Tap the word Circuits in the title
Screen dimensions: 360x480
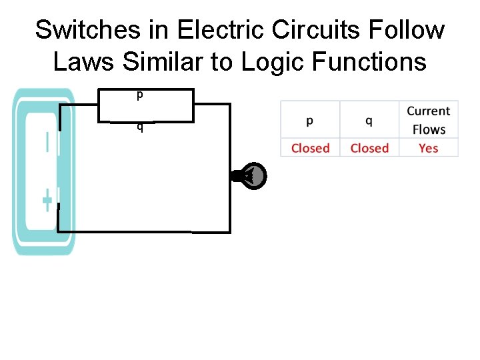(x=312, y=30)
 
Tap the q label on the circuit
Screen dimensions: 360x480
(x=139, y=127)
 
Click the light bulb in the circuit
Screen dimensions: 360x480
(x=252, y=176)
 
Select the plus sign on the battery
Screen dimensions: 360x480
(x=47, y=200)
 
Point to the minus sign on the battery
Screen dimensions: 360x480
(x=47, y=143)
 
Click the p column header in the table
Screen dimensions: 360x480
(x=310, y=121)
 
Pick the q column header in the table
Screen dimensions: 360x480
(x=369, y=121)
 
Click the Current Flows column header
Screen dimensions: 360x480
(x=429, y=120)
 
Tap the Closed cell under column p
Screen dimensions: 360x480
(x=310, y=148)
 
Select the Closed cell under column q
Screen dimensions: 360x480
(x=369, y=148)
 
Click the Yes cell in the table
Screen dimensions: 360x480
(x=429, y=148)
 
